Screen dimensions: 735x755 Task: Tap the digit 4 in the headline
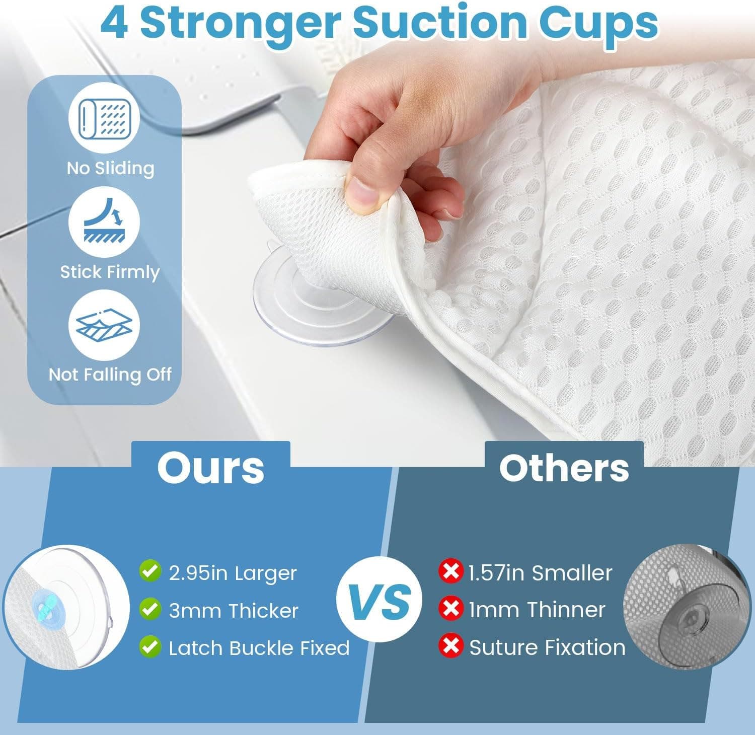[114, 23]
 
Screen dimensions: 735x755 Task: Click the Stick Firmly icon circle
[104, 222]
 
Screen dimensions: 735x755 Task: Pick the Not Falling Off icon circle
[104, 325]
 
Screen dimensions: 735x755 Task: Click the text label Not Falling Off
[110, 374]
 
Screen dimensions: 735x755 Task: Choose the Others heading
[564, 468]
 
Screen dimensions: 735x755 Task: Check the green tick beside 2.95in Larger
[149, 572]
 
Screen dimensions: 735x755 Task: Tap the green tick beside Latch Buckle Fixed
[149, 647]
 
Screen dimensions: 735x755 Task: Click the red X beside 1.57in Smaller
[450, 572]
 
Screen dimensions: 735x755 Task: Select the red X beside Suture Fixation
[450, 646]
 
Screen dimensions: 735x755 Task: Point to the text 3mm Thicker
[234, 611]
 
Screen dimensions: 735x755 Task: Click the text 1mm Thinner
[537, 610]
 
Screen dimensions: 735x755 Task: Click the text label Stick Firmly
[110, 272]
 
